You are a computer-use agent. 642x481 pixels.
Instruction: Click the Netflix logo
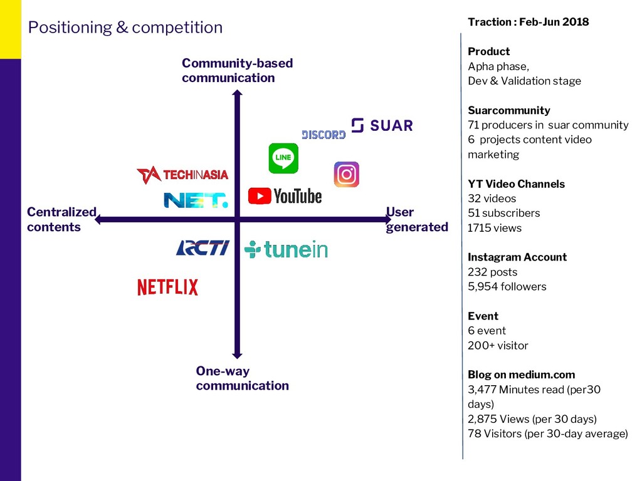pos(167,287)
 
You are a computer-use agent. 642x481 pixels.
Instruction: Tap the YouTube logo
pos(285,196)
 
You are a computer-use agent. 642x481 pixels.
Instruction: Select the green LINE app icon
pos(283,158)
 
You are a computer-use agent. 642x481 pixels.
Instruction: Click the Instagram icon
pos(346,175)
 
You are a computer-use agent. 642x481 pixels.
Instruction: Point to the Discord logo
pos(324,135)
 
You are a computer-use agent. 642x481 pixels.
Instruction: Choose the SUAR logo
pos(382,125)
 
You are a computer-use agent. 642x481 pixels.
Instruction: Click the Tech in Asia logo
pos(182,175)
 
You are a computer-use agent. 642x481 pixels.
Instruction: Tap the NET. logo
pos(196,200)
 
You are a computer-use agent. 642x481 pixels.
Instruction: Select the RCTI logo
pos(203,248)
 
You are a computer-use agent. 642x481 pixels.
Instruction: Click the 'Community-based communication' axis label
pos(237,70)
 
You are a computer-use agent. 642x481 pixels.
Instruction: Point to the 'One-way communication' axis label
pos(242,378)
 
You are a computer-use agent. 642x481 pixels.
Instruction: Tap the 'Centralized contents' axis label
pos(61,219)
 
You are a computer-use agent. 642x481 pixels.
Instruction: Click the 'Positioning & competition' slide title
pos(125,28)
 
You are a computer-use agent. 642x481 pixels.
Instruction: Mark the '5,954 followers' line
pos(507,287)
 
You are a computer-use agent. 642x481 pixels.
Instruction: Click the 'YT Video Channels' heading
pos(516,184)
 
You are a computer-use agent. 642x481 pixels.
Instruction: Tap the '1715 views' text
pos(495,228)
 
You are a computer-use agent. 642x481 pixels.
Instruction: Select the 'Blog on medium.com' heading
pos(521,375)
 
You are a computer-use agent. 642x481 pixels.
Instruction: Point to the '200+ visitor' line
pos(498,346)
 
